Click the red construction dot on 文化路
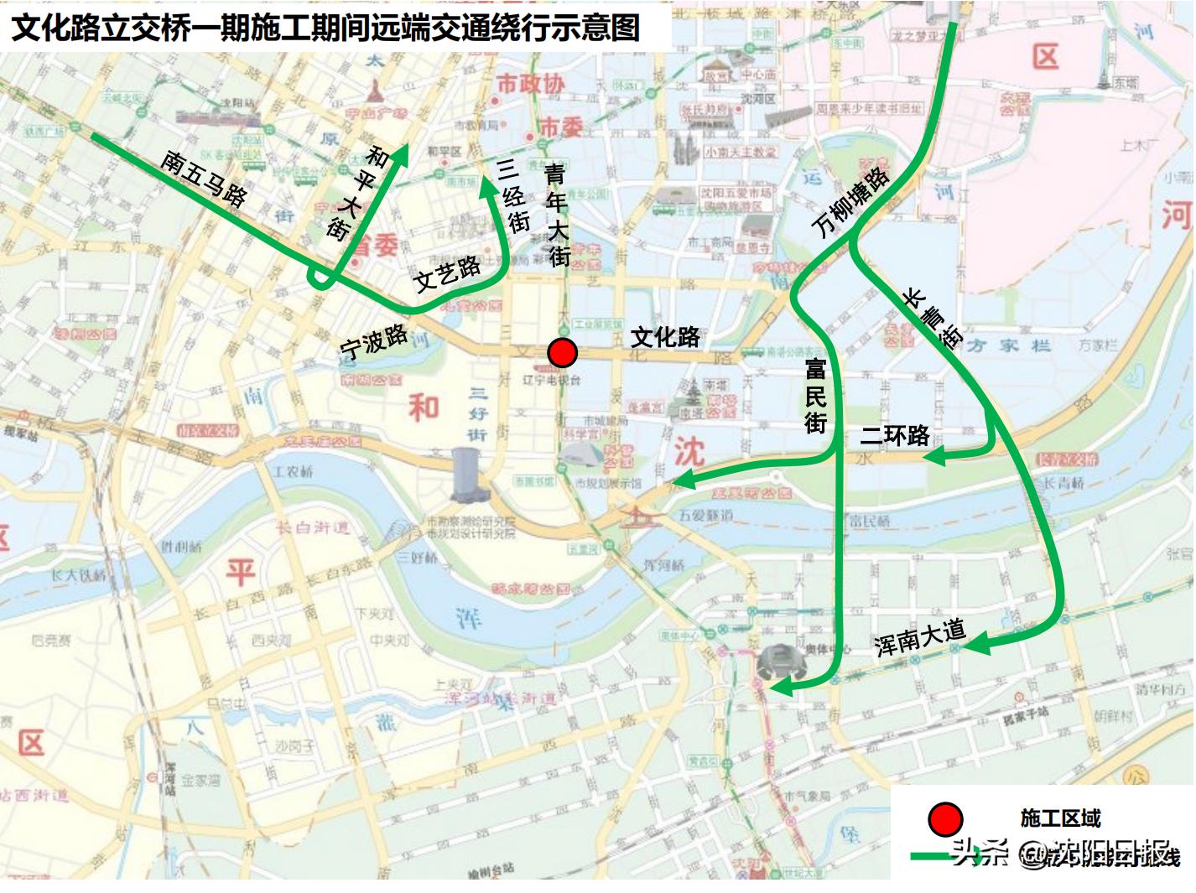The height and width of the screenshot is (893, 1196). [562, 353]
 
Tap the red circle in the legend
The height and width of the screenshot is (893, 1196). [945, 819]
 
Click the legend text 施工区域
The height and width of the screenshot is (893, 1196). [1060, 818]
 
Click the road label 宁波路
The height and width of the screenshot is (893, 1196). [373, 341]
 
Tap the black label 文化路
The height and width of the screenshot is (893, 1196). [665, 337]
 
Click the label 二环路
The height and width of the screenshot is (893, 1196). [895, 435]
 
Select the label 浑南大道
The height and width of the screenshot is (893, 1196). [919, 637]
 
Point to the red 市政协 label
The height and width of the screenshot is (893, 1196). [530, 84]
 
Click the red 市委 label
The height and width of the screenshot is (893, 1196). [560, 127]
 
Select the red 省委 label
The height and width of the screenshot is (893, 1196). [374, 246]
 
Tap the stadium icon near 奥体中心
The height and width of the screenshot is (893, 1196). [781, 662]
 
